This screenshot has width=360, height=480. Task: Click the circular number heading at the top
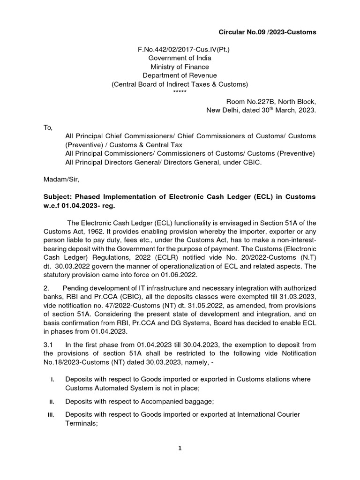click(268, 32)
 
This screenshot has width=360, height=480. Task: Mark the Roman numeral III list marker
click(51, 414)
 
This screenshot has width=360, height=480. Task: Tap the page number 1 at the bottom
click(180, 448)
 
